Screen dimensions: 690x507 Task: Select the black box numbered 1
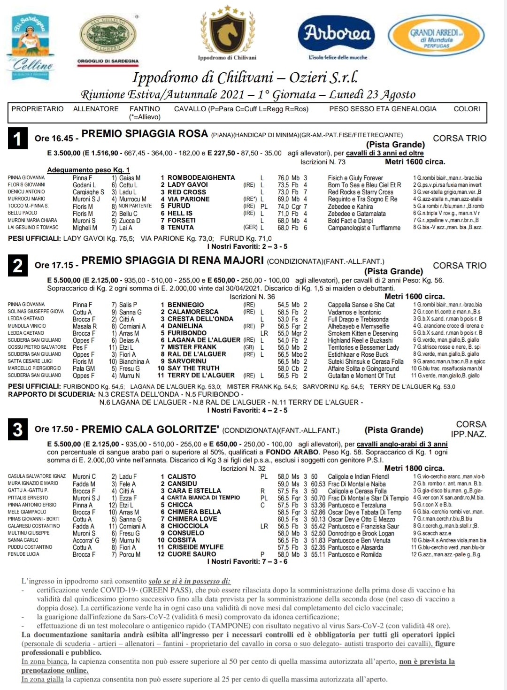[18, 138]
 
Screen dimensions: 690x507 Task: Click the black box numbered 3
[18, 429]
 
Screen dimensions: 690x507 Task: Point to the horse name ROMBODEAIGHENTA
[198, 178]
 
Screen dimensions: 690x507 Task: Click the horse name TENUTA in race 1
[180, 228]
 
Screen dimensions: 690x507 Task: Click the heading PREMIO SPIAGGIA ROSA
[145, 134]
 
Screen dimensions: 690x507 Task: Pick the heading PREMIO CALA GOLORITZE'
[150, 429]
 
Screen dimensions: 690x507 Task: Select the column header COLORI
[467, 109]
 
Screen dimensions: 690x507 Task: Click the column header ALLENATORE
[96, 109]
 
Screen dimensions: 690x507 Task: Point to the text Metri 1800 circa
[414, 468]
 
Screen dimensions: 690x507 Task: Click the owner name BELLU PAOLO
[23, 213]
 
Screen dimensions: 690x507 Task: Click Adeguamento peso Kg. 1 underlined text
[88, 170]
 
